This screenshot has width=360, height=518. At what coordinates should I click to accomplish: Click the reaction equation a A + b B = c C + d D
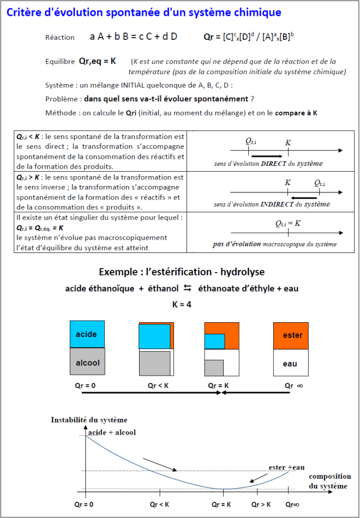point(134,37)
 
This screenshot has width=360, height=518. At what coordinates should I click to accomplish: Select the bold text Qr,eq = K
point(98,61)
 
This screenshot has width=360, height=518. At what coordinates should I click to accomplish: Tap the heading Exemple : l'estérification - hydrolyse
point(182,272)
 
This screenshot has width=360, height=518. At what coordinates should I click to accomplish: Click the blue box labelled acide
point(86,334)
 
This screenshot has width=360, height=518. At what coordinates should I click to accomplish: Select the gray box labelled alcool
point(86,363)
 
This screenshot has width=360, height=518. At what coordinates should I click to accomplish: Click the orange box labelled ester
point(292,335)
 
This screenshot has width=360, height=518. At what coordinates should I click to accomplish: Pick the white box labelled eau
point(290,364)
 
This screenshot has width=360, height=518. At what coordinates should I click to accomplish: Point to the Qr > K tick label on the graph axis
point(261,504)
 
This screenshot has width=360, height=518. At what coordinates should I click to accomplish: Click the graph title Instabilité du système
point(89,420)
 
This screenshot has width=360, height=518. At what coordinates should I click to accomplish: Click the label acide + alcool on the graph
point(112,432)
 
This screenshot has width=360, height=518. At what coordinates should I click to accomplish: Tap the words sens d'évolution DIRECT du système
point(268,164)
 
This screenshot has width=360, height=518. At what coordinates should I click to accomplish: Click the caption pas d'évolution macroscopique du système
point(274,244)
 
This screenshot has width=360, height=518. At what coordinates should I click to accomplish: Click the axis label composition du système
point(329,480)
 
